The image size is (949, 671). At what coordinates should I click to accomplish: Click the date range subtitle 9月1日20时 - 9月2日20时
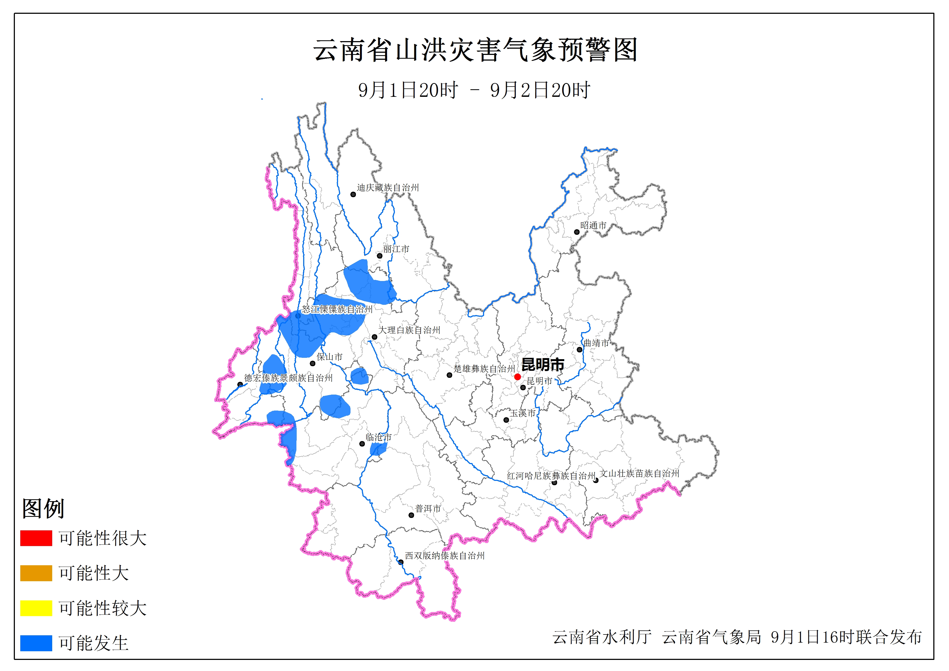click(x=474, y=90)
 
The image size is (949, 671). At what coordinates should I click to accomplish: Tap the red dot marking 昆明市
click(x=517, y=377)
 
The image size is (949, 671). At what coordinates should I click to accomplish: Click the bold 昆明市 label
click(x=543, y=365)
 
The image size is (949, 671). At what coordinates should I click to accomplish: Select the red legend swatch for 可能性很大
click(x=36, y=538)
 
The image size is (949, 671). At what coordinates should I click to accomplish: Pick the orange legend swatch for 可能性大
click(x=36, y=573)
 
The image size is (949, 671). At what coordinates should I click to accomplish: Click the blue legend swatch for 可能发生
click(x=36, y=643)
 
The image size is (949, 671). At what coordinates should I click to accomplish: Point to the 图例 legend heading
click(x=43, y=508)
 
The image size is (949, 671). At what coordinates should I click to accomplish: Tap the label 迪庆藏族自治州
click(x=388, y=188)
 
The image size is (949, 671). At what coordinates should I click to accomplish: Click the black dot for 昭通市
click(x=577, y=232)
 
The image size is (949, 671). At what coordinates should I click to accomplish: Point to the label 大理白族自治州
click(x=409, y=330)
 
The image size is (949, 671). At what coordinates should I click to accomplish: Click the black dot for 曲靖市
click(x=580, y=350)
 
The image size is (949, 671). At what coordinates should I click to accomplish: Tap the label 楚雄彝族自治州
click(x=484, y=368)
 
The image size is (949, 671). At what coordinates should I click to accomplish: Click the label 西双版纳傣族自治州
click(x=445, y=556)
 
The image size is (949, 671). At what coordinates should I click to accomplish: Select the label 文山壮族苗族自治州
click(x=639, y=473)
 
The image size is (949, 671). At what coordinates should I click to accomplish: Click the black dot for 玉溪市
click(x=506, y=420)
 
